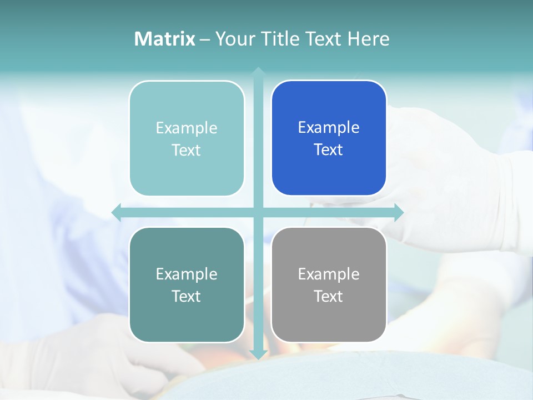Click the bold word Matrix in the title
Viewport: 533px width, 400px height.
click(164, 39)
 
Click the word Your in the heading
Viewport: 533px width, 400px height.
click(235, 39)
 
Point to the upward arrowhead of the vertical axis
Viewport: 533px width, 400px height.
click(258, 72)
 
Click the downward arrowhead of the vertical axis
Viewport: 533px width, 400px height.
click(258, 354)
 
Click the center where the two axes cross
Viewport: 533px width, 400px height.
click(258, 212)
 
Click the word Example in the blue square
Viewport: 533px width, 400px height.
click(329, 128)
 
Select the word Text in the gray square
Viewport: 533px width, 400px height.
click(329, 296)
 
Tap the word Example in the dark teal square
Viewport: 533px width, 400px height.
click(187, 274)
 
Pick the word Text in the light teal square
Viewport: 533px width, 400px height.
click(187, 150)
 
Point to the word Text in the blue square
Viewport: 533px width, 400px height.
click(329, 150)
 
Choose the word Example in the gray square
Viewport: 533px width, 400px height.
click(329, 274)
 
